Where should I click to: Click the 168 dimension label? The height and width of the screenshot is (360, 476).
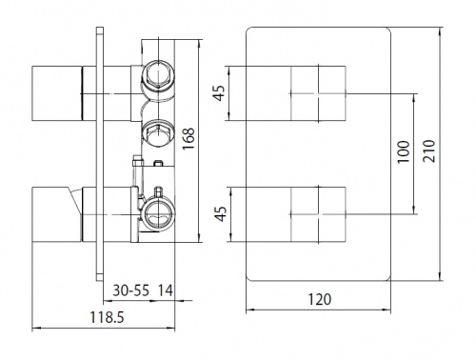coord(188,139)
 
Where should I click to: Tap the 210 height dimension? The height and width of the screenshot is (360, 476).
coord(429,150)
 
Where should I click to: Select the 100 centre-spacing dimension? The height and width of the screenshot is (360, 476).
coord(404,151)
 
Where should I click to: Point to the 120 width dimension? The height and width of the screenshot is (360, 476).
coord(320,299)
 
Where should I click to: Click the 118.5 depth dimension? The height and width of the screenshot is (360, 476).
coord(107,317)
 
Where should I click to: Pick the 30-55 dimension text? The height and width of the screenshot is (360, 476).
coord(130,290)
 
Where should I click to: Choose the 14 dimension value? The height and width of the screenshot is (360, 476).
coord(166,290)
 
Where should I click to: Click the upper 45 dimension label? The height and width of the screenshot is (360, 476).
coord(219,93)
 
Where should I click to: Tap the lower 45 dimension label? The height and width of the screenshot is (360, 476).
coord(221,213)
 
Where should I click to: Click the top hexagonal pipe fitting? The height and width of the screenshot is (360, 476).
coord(158,75)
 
